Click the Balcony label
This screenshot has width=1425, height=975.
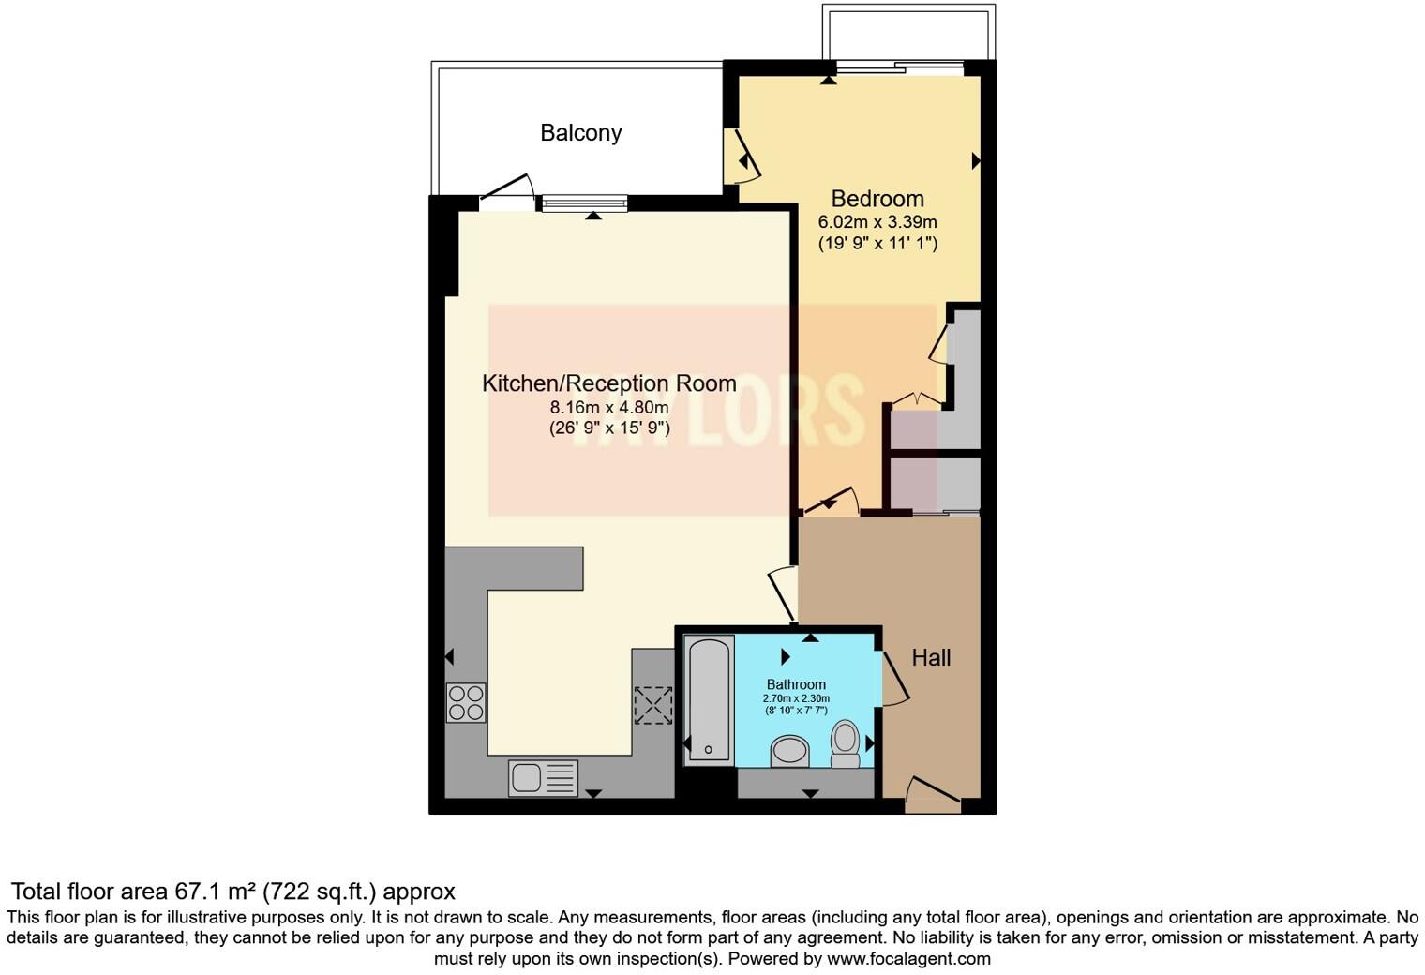tap(580, 133)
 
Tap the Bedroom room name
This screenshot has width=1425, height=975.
tap(877, 199)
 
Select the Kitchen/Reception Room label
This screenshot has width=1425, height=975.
tap(608, 383)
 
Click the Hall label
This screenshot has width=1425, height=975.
tap(931, 658)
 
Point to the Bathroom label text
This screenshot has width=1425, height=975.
tap(796, 684)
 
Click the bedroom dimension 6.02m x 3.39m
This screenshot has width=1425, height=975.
tap(877, 222)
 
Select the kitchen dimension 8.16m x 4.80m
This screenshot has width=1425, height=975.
tap(608, 407)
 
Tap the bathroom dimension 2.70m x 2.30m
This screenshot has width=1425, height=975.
tap(796, 698)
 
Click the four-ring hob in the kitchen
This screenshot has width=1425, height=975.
tap(466, 703)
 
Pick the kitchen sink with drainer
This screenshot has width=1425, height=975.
tap(543, 778)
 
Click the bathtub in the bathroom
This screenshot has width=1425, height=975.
tap(708, 698)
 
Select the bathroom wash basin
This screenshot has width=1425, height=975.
tap(789, 751)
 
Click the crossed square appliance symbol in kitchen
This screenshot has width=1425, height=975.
tap(652, 705)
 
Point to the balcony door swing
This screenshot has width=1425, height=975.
tap(506, 187)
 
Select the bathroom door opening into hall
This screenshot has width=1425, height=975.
tap(893, 677)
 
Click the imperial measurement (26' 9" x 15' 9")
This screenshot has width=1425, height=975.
tap(608, 428)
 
